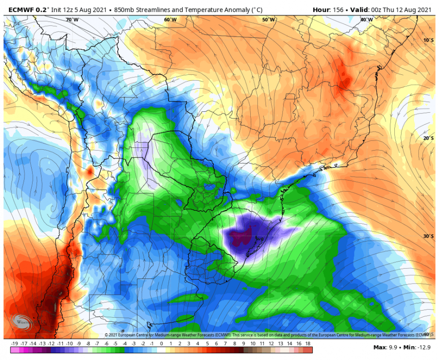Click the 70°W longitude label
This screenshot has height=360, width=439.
point(72,20)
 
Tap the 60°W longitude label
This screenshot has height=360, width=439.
point(170,20)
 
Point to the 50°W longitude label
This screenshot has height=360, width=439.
point(268,20)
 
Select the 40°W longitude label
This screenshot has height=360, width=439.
point(366,20)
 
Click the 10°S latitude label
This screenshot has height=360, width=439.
point(428,40)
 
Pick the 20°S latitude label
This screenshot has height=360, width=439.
point(428,138)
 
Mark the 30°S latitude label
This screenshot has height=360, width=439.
point(428,236)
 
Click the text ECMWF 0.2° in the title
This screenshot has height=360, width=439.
point(27,9)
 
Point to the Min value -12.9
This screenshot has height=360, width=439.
point(424,348)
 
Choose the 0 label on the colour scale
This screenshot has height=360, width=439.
point(161,344)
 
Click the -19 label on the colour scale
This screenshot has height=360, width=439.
point(14,344)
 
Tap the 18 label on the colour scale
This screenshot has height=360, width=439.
point(307,344)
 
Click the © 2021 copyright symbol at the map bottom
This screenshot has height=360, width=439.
point(107,335)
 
